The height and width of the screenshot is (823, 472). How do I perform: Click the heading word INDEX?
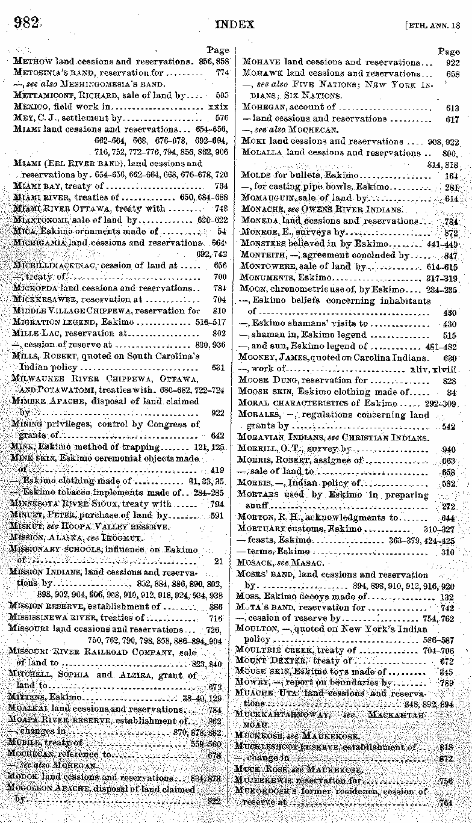point(234,24)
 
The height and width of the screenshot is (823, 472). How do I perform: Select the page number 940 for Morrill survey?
point(449,449)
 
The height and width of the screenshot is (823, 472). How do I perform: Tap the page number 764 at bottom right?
point(446,803)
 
